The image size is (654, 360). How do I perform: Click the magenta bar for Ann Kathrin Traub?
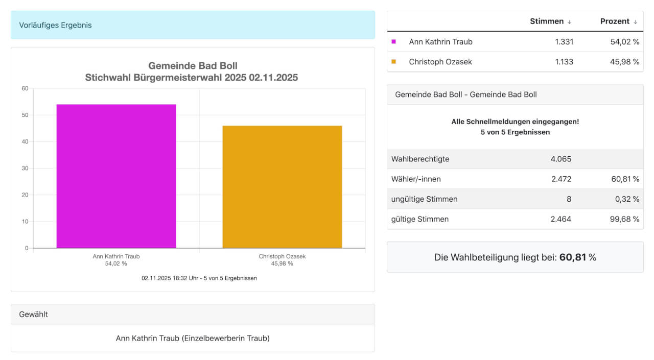pos(116,176)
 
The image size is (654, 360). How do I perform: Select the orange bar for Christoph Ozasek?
pos(282,187)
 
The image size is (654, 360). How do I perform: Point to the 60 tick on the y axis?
pos(25,88)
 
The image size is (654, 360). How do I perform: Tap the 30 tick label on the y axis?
pos(25,168)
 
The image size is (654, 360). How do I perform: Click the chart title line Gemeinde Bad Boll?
pos(193,66)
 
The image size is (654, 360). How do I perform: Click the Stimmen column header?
pos(547,21)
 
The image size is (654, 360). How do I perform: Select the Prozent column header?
pos(615,21)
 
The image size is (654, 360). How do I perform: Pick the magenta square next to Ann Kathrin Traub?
pos(393,42)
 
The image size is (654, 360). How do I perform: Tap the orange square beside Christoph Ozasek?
pos(393,62)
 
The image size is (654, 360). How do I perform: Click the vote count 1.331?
pos(564,42)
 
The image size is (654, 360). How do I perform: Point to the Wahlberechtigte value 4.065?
pos(560,159)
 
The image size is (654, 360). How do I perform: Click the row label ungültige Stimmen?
pos(424,199)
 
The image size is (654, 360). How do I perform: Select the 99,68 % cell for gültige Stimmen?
pos(624,219)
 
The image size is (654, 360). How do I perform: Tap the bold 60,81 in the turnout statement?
pos(572,257)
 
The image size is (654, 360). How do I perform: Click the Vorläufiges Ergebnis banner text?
pos(55,25)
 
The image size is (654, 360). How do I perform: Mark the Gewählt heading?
pos(33,315)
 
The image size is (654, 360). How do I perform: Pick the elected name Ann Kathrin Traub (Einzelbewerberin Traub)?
pos(193,338)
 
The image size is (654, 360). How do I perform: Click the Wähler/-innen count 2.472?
pos(560,179)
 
